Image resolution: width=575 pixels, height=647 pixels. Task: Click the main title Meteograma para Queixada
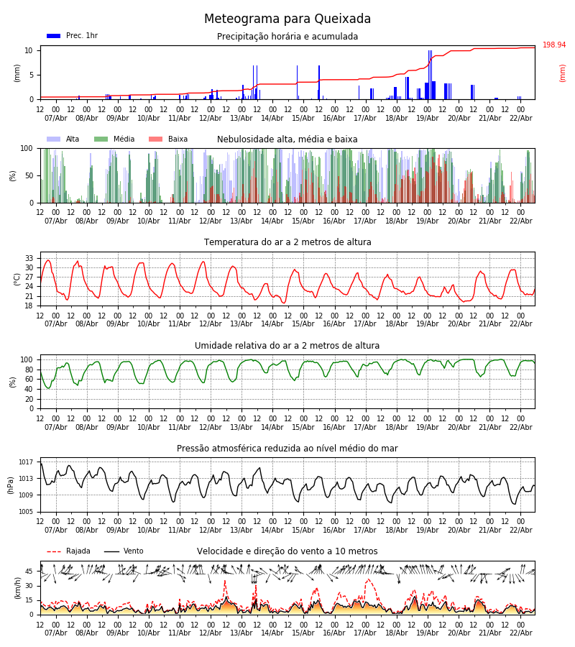[x=287, y=19]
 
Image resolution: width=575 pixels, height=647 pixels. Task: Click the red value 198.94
[x=553, y=45]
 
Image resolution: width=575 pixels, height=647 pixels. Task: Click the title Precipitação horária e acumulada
[x=287, y=37]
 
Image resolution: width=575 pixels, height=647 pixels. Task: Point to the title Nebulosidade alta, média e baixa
[x=287, y=139]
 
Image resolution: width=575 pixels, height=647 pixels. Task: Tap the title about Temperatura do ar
[x=287, y=242]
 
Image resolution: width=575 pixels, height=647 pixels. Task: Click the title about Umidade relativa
[x=287, y=346]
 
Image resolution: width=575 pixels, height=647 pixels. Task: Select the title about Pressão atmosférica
[x=287, y=449]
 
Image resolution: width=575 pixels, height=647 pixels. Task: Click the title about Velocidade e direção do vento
[x=287, y=551]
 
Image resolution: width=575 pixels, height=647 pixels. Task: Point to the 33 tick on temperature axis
[x=29, y=258]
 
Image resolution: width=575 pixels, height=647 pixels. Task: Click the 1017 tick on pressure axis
[x=27, y=462]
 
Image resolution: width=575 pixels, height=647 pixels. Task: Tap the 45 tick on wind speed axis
[x=29, y=572]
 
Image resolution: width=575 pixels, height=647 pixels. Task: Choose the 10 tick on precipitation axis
[x=29, y=50]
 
